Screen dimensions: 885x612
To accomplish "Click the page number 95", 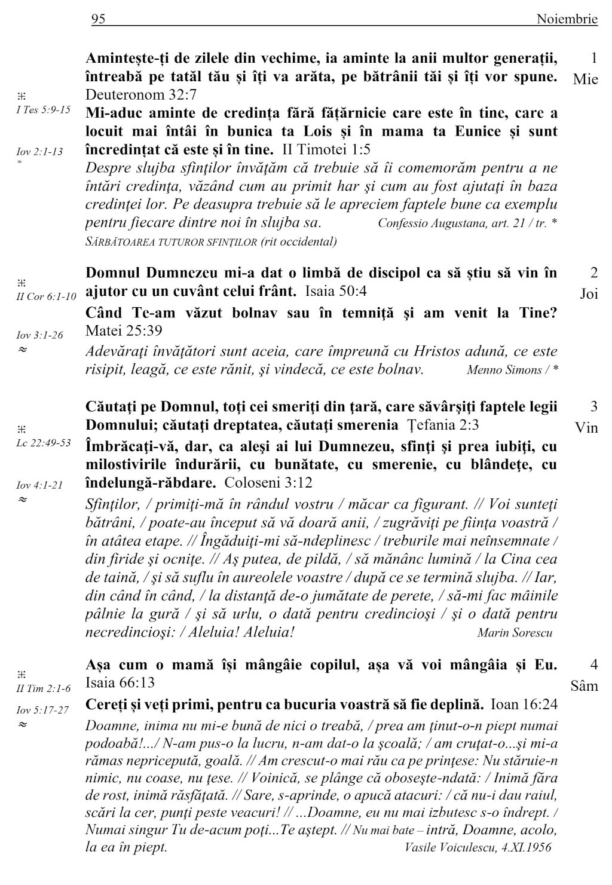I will click(98, 20).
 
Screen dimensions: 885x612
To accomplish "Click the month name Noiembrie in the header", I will click(567, 20).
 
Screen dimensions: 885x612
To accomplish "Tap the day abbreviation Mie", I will click(585, 79).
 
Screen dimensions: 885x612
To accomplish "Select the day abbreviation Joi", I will click(589, 294).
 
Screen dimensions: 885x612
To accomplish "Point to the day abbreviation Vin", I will click(586, 428).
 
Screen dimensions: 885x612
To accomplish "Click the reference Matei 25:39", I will click(124, 330).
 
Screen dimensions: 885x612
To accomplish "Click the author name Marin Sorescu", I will click(515, 632).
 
